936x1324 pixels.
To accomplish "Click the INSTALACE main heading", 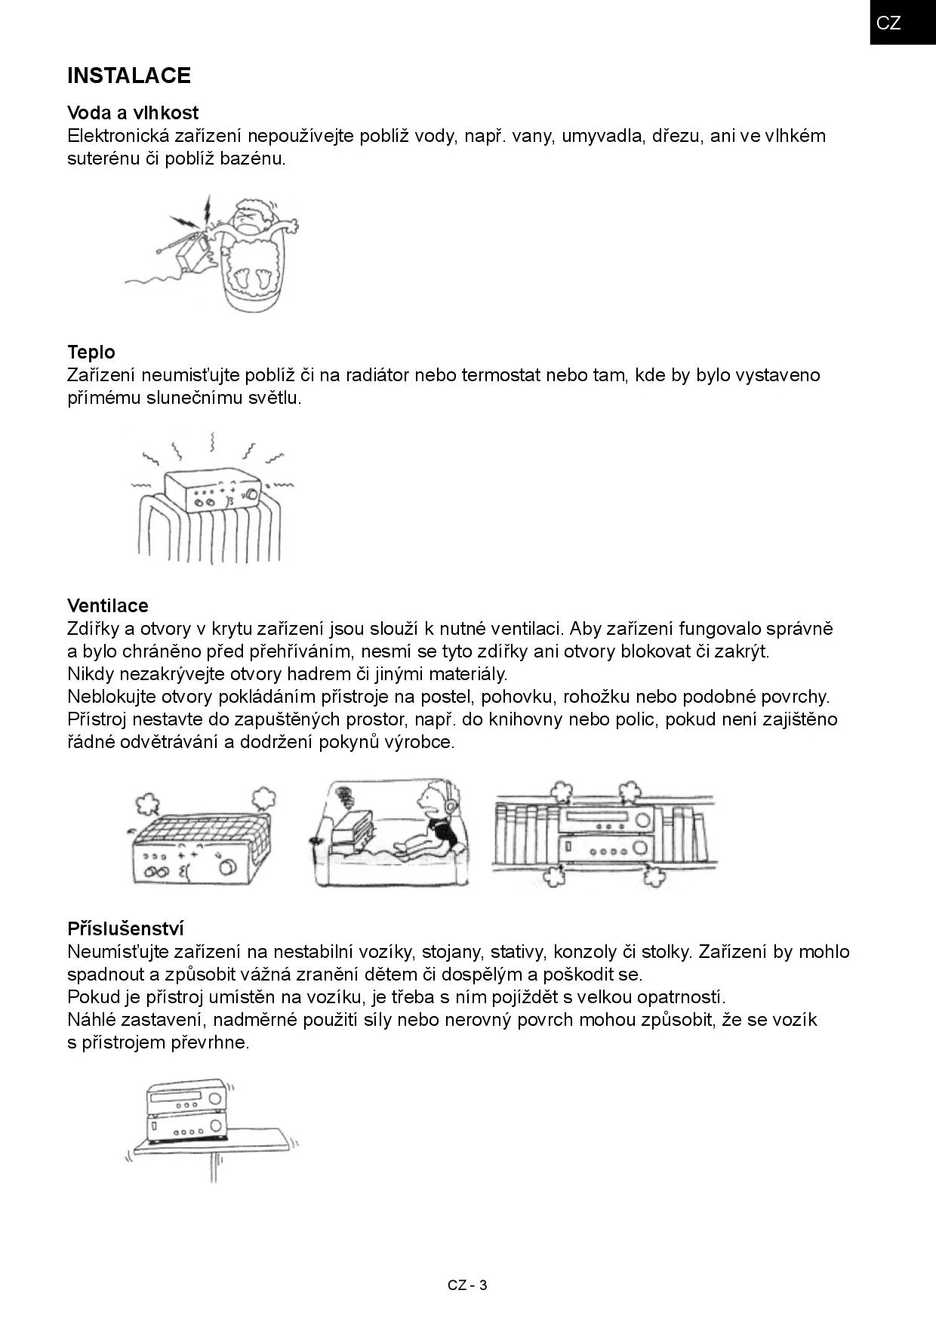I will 129,75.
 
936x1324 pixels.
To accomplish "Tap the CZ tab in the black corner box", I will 888,23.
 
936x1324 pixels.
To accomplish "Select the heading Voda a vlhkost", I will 133,113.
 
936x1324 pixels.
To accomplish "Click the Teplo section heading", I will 91,353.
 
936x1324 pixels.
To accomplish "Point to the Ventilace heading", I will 108,606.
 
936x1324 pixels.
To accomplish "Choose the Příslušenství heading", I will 125,928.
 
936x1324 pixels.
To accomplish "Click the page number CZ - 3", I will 467,1286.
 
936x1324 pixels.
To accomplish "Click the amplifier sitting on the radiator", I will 213,490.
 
